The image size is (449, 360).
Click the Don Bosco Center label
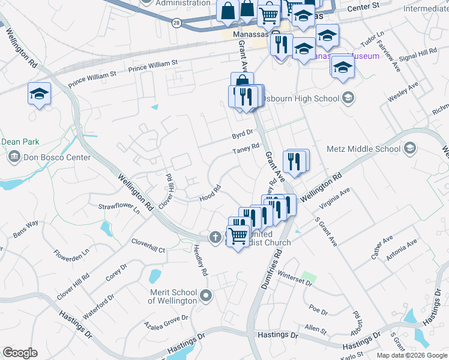56,158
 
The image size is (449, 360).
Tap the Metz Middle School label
372,149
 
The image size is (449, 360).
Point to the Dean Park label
20,142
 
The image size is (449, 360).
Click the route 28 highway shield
175,22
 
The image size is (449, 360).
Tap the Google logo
20,353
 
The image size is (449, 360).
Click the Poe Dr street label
318,312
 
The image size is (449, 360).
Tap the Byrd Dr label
244,136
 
